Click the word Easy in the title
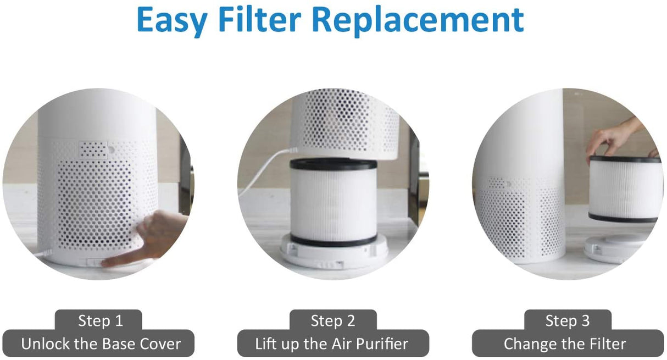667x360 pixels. click(x=171, y=21)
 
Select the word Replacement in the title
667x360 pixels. click(x=418, y=21)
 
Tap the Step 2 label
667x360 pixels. click(x=333, y=320)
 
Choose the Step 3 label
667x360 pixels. click(x=567, y=320)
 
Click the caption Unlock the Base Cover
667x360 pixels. click(x=101, y=344)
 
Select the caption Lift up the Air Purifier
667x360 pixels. click(x=332, y=344)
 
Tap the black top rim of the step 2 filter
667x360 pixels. click(x=333, y=164)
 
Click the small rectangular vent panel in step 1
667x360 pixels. click(x=92, y=148)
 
